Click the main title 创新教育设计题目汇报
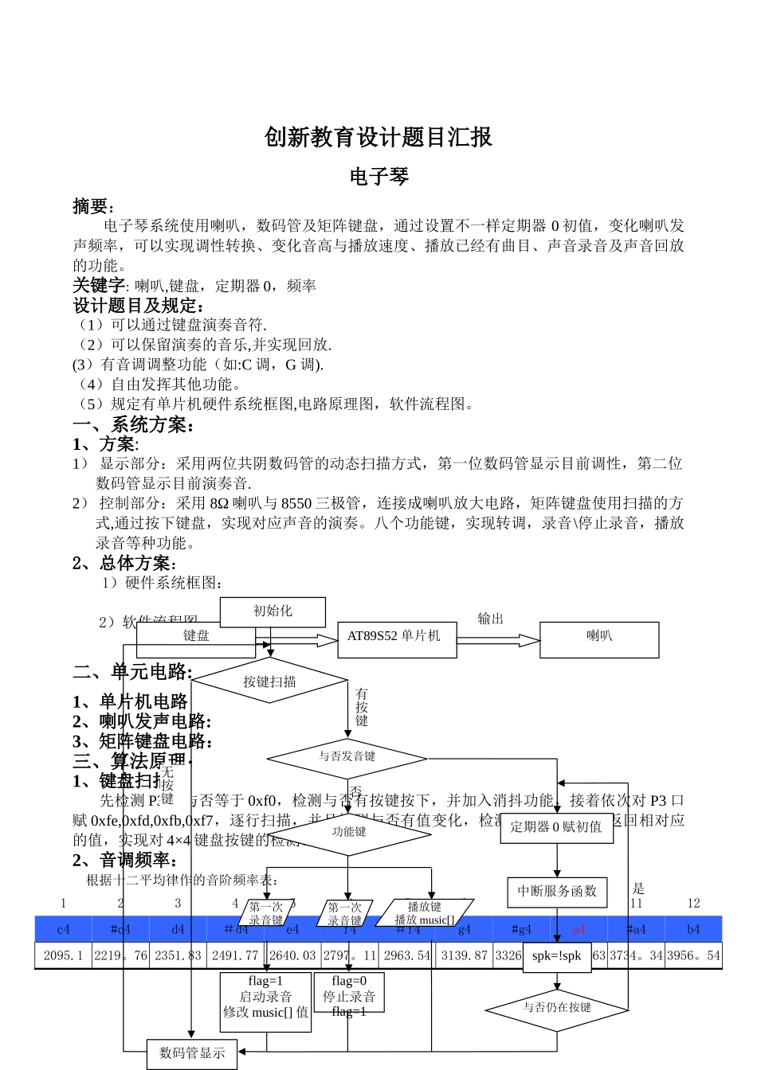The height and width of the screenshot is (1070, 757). pos(378,137)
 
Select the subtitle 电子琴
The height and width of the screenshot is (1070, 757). pos(378,176)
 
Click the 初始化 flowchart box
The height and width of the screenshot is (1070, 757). pos(273,611)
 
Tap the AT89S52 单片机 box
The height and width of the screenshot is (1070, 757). pos(396,637)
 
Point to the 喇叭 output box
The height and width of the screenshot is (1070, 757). pos(599,637)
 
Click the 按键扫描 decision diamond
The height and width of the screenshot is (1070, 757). pos(270,681)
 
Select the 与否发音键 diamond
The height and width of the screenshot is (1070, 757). pos(347,756)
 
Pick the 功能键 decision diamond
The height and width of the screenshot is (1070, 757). pos(349,832)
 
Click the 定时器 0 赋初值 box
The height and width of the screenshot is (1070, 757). pos(556,827)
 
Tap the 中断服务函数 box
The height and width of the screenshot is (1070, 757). pos(557,891)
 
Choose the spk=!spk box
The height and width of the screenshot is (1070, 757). pos(557,955)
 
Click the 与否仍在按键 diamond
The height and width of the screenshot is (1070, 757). pos(557,1008)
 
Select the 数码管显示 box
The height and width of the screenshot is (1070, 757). pos(192,1053)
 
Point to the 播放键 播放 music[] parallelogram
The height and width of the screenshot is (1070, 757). pos(425,913)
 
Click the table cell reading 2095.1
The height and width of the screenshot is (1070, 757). pos(63,955)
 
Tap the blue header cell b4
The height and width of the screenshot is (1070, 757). pos(693,929)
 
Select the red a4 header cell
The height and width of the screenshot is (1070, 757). pos(579,929)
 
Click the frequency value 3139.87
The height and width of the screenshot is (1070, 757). pos(465,955)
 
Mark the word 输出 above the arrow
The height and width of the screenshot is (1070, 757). pos(490,619)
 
